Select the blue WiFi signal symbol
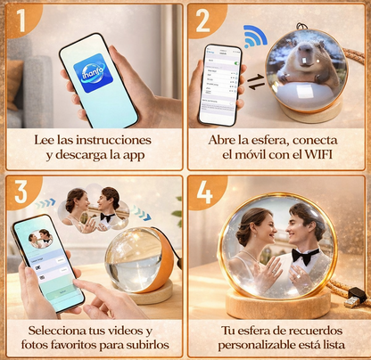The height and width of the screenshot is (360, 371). click(256, 37)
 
